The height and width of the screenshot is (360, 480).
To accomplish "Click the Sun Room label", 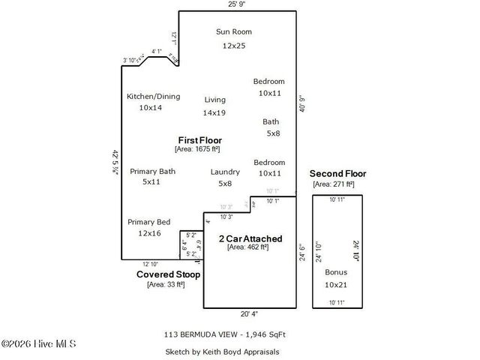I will pos(233,31).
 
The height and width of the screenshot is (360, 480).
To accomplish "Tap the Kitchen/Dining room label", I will pos(153,96).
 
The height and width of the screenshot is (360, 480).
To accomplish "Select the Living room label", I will pos(215,99).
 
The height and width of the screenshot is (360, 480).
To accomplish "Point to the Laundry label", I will pos(225,172).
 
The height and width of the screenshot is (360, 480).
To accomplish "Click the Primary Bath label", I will pos(152,171).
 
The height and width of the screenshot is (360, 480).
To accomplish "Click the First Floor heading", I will pos(199,140).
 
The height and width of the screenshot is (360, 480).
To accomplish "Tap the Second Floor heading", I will pos(337,174).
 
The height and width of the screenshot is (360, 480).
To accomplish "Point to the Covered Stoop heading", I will pos(168,274).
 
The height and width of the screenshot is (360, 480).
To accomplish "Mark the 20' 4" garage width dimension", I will pos(250,314).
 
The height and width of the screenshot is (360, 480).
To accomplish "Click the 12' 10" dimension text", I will pos(150,264).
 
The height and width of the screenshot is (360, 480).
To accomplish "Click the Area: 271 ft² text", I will pos(333,184).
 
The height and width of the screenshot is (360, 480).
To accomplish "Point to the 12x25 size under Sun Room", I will pos(233,46).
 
